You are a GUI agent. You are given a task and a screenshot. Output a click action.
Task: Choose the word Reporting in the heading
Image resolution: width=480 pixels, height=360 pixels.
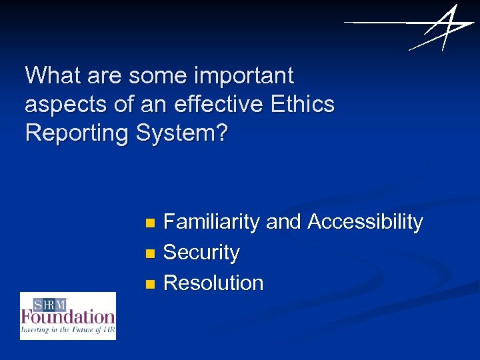(77, 134)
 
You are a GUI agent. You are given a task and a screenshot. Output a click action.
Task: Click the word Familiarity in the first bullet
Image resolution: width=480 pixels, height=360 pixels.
(211, 222)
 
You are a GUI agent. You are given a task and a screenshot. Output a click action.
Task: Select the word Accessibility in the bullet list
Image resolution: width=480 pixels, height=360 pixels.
(365, 222)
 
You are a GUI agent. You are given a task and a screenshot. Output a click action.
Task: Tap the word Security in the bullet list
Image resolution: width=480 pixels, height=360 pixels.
(201, 253)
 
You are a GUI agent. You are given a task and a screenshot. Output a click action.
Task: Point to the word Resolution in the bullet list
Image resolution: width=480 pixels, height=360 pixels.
(213, 283)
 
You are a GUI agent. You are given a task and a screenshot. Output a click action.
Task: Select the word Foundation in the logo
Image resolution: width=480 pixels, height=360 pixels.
(68, 316)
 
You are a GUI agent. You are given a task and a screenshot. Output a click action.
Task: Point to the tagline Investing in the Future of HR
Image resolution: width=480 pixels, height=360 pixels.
(68, 329)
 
